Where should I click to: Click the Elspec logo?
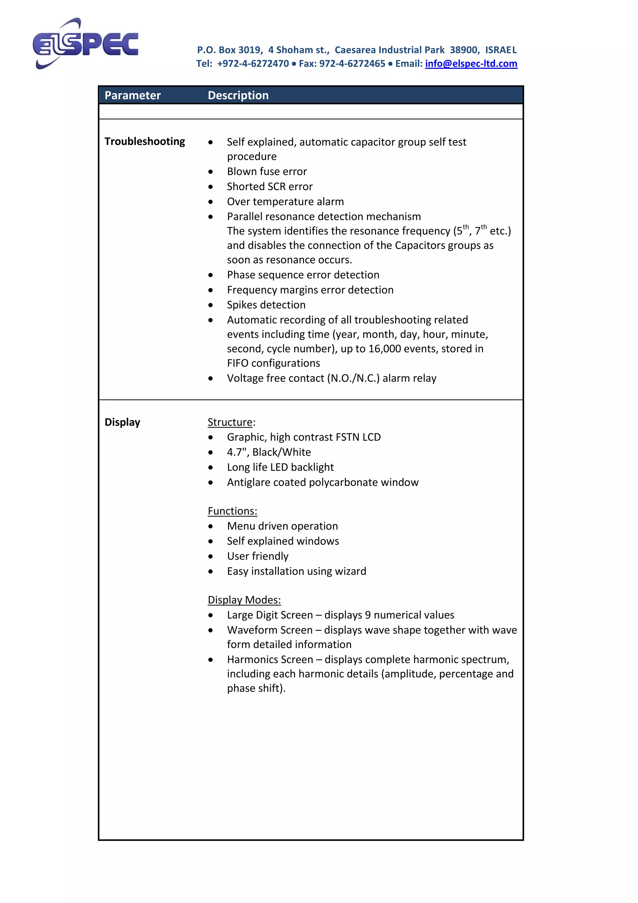click(85, 44)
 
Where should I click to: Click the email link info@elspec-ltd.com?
click(471, 64)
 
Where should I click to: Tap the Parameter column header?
click(132, 96)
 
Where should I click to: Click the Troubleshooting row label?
click(144, 142)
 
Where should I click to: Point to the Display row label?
click(122, 422)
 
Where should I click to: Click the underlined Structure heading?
click(230, 422)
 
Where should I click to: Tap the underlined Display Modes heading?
click(244, 600)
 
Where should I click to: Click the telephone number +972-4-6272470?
click(253, 64)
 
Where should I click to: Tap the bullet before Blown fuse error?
click(211, 172)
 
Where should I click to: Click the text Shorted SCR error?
click(270, 187)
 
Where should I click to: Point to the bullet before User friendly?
click(211, 556)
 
